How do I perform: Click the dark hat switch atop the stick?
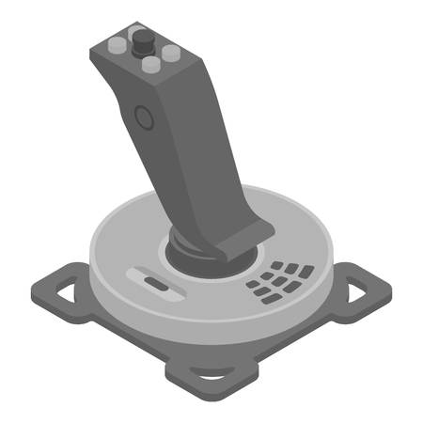[x=144, y=41]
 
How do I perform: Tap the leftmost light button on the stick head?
[x=117, y=44]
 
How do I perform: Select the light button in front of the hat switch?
[x=149, y=66]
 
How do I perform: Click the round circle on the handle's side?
[x=143, y=118]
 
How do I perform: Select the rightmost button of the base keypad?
[x=306, y=272]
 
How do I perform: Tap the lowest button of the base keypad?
[x=271, y=300]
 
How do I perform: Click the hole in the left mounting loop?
[x=61, y=291]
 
